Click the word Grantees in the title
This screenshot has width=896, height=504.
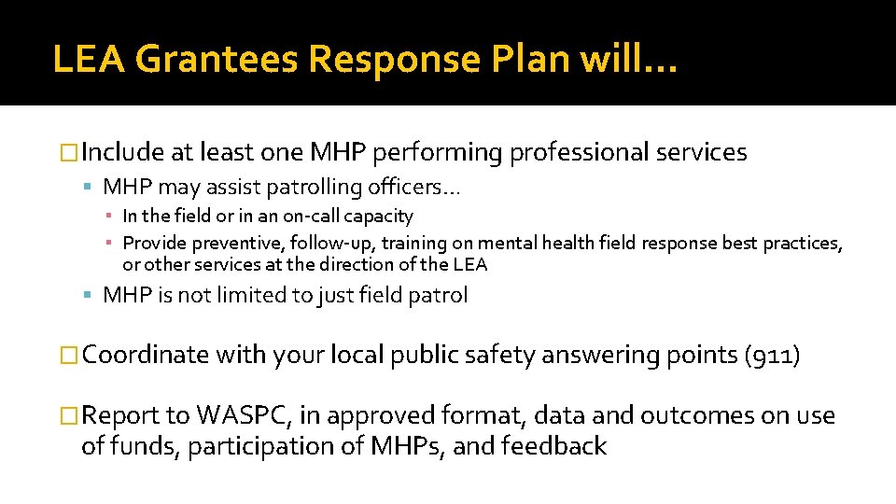point(216,60)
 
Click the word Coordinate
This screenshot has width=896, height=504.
point(147,356)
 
